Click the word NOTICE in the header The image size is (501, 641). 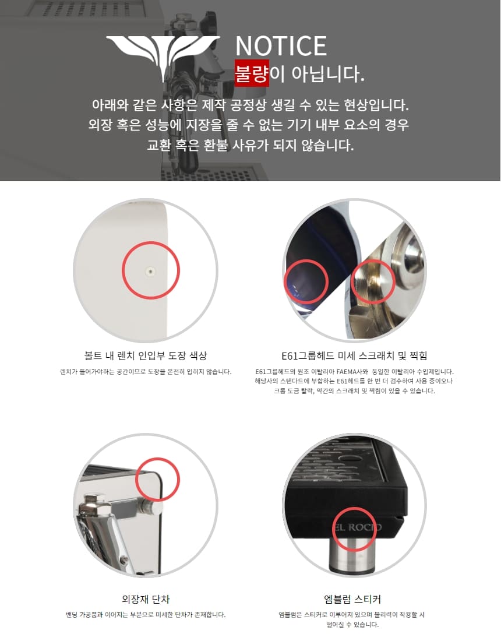tap(281, 46)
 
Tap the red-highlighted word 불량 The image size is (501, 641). tap(251, 73)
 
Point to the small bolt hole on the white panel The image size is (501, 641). tap(151, 270)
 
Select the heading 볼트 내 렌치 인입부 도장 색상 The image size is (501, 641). tap(146, 355)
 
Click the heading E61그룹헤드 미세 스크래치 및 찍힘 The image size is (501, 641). tap(354, 355)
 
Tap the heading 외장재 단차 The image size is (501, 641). tap(146, 599)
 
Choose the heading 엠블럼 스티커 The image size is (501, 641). tap(352, 599)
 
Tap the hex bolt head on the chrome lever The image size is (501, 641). tap(95, 503)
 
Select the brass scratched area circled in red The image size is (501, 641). tap(373, 281)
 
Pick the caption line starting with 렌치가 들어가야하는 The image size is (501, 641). tap(146, 372)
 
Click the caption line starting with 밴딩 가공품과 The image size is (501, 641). tap(146, 615)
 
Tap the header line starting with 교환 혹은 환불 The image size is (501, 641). tap(250, 145)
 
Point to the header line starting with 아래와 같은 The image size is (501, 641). tap(250, 105)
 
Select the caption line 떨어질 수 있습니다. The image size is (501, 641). tap(352, 625)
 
